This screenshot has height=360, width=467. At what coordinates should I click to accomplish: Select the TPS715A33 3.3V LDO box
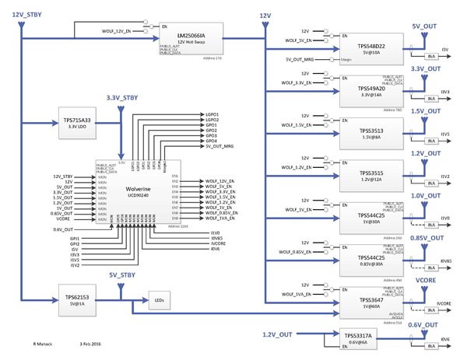click(x=75, y=124)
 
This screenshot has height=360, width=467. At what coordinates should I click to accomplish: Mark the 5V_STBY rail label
click(x=122, y=274)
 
